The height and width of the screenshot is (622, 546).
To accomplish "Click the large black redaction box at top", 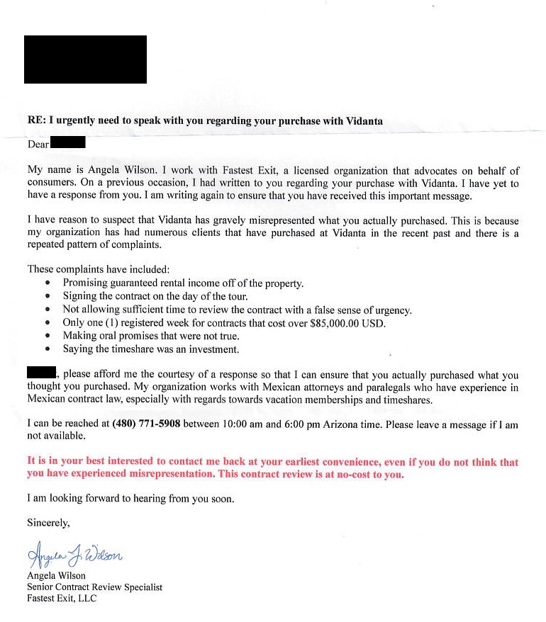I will (x=85, y=60).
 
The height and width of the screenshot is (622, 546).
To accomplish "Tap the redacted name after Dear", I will (x=69, y=143).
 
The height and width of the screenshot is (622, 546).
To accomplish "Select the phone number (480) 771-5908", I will (x=146, y=424).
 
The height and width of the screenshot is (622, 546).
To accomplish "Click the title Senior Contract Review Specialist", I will (x=94, y=587).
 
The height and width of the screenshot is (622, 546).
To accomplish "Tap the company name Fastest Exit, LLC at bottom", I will (x=62, y=599).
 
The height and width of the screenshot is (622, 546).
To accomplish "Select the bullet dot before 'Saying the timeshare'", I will (x=48, y=349).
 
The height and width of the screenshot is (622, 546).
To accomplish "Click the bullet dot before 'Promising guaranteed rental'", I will (x=48, y=283).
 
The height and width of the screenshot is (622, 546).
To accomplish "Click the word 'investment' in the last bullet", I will (x=213, y=349).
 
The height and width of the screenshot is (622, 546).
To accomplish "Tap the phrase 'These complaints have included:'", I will (x=99, y=269).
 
